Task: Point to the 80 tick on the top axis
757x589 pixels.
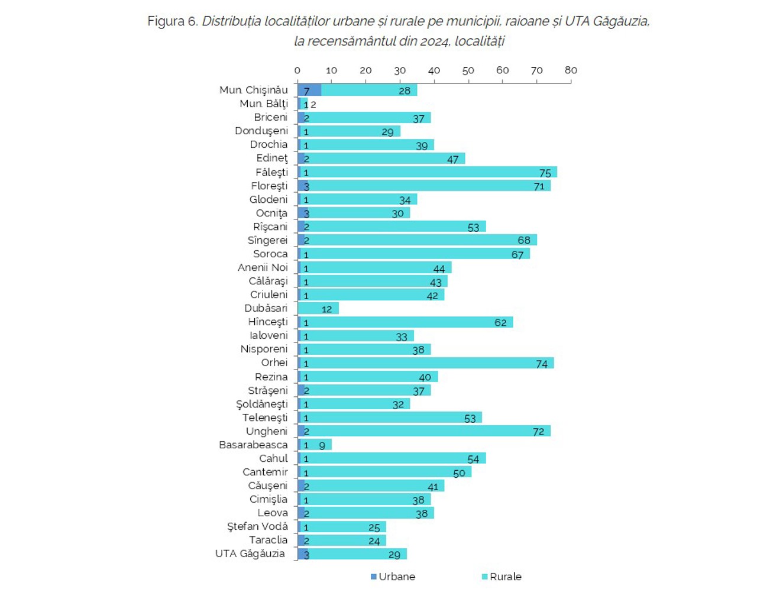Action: [x=571, y=70]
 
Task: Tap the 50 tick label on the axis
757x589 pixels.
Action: [x=468, y=70]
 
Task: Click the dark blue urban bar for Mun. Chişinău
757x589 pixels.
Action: [x=309, y=90]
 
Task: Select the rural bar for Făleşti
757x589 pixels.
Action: [x=426, y=172]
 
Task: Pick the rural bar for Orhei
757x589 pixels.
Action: [x=426, y=363]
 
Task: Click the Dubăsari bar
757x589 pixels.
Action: [x=318, y=309]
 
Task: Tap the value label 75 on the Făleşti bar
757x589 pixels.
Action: [x=545, y=173]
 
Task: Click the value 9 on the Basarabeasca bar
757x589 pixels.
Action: [x=322, y=445]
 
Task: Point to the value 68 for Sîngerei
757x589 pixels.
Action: [x=524, y=241]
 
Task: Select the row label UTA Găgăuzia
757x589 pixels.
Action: [x=250, y=554]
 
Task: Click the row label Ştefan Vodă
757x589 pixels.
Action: [x=257, y=526]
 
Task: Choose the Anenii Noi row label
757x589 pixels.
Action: [x=263, y=267]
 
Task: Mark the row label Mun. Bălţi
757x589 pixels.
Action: [x=264, y=103]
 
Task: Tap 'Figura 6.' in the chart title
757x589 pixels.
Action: [x=172, y=21]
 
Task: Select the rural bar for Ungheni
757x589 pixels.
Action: [x=426, y=431]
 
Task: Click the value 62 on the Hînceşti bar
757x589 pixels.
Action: [x=500, y=322]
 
